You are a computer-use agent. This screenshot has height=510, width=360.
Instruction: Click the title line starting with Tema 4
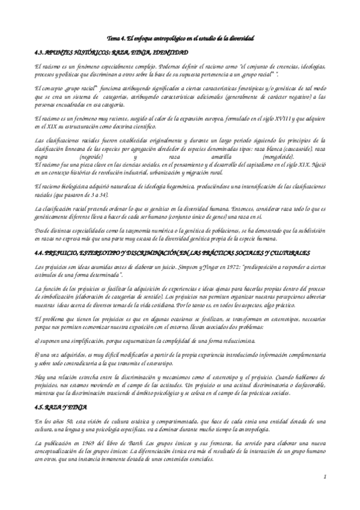pyautogui.click(x=180, y=38)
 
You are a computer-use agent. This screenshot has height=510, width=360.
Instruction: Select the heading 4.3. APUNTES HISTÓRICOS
pyautogui.click(x=112, y=52)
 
